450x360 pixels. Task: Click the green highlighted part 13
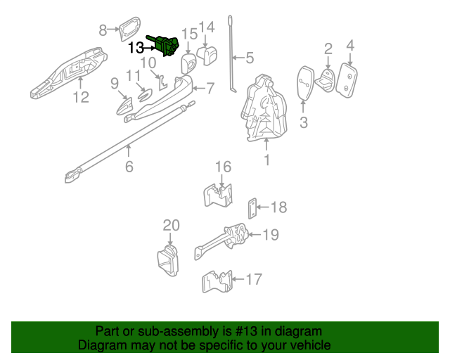coord(167,44)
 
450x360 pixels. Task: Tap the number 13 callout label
coord(136,48)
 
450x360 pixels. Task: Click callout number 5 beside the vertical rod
coord(250,59)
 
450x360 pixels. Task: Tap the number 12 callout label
coord(82,97)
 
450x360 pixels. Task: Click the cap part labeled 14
coord(207,54)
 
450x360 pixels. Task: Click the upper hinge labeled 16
coord(220,194)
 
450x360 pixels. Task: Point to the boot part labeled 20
coord(168,259)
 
